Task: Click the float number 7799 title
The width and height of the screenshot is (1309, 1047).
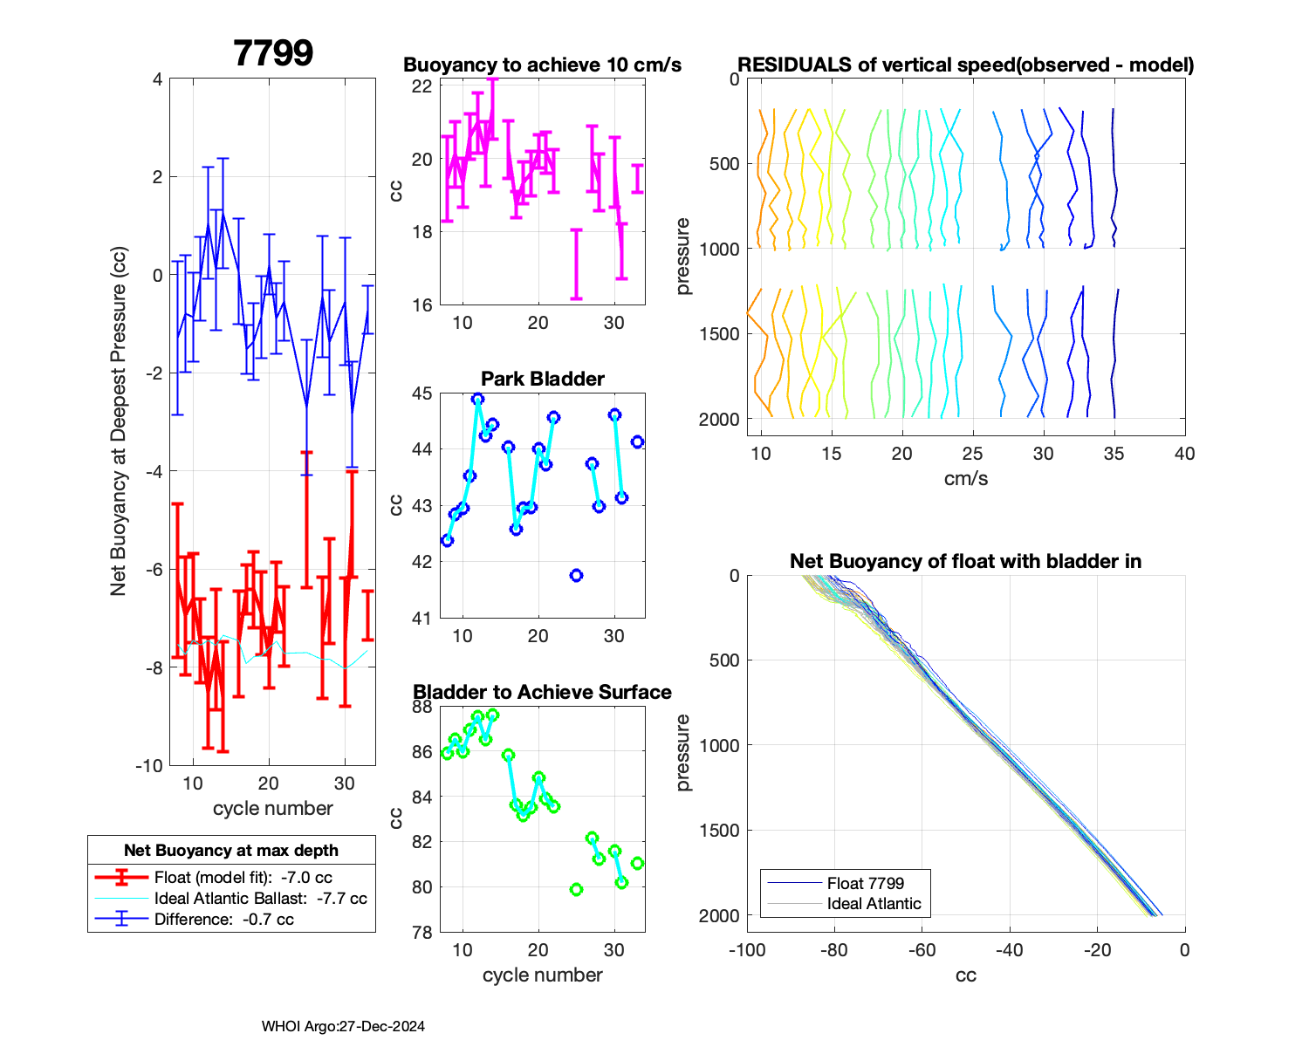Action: coord(273,53)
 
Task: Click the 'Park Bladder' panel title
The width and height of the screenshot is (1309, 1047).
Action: coord(543,379)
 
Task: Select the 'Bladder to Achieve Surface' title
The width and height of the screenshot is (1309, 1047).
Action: coord(542,692)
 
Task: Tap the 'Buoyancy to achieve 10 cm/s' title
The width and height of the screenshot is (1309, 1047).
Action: coord(542,65)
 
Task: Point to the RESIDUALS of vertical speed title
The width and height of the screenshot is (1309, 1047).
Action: coord(965,65)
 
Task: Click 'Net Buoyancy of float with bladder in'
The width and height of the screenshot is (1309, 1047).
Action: coord(965,561)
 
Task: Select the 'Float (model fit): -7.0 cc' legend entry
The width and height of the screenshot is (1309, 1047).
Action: coord(243,878)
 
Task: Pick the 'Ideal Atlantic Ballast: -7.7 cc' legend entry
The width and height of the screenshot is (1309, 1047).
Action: coord(260,899)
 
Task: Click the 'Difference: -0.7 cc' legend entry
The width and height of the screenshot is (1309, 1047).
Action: coord(223,920)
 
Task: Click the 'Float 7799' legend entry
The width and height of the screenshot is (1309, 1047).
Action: coord(865,883)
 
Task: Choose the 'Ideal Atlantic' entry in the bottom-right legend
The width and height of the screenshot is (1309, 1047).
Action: coord(874,904)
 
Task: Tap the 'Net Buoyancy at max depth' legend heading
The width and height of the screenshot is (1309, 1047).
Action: coord(231,851)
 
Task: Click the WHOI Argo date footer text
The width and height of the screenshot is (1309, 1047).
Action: coord(343,1027)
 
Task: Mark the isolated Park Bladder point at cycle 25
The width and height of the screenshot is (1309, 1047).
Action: coord(576,576)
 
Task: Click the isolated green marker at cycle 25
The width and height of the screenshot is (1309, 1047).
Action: coord(576,890)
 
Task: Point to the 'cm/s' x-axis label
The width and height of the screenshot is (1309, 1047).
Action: coord(965,479)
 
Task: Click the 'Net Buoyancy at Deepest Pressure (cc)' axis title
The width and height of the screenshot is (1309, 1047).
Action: coord(119,421)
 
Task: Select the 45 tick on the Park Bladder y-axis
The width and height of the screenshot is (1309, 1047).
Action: coord(421,393)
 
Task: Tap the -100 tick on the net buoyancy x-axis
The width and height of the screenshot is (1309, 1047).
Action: coord(747,950)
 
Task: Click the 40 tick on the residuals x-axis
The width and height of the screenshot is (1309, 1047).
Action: coord(1184,454)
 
